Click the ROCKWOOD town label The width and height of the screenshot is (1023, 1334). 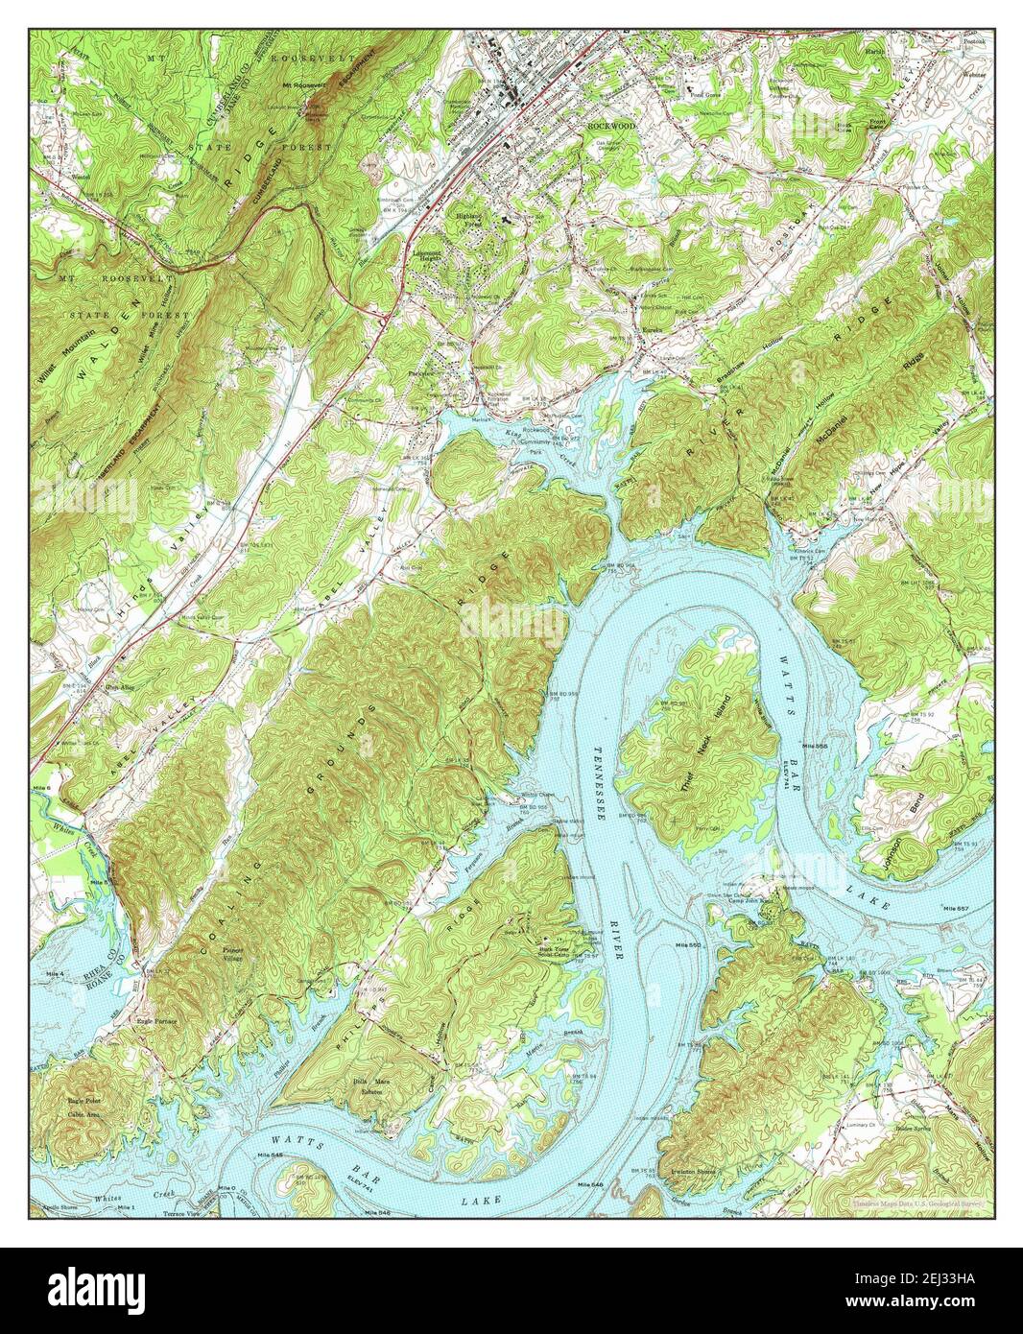coord(611,126)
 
